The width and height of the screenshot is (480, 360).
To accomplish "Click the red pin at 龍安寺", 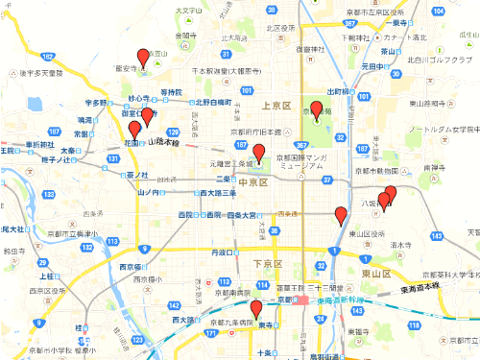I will pyautogui.click(x=143, y=57).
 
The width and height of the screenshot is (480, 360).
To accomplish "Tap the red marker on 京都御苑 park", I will pyautogui.click(x=316, y=108).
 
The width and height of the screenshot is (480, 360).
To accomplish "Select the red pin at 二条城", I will pyautogui.click(x=258, y=152).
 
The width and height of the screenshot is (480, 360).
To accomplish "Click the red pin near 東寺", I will pyautogui.click(x=255, y=309).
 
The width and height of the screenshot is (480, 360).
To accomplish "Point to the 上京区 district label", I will pyautogui.click(x=275, y=106).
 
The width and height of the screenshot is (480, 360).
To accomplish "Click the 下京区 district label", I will pyautogui.click(x=264, y=262).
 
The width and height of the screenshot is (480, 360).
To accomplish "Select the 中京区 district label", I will pyautogui.click(x=253, y=181).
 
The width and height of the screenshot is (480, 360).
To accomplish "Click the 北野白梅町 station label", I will pyautogui.click(x=212, y=101).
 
